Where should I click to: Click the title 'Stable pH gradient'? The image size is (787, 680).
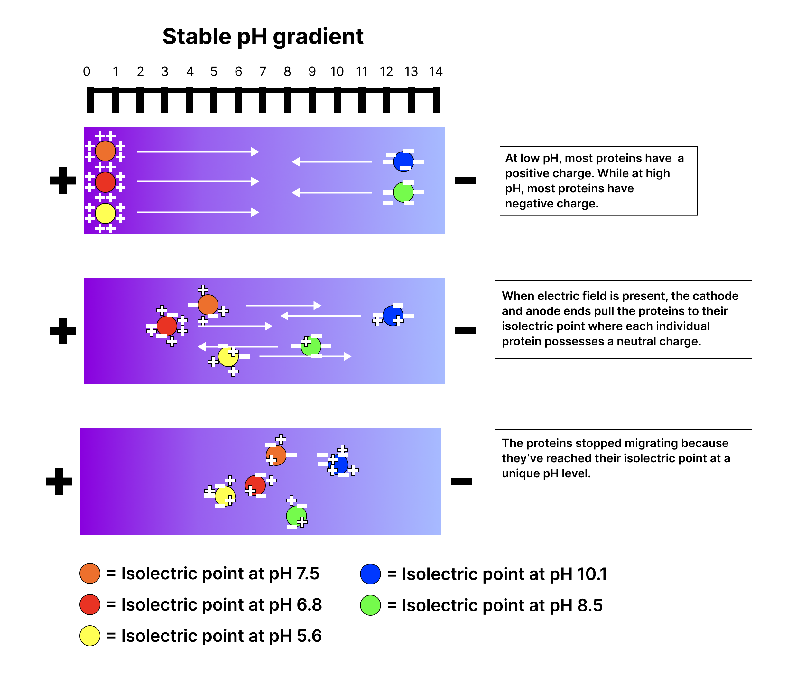pos(263,36)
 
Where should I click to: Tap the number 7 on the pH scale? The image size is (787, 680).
pos(263,71)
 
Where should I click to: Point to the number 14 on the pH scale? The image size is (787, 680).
pos(436,71)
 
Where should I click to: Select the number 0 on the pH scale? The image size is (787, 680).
pos(87,71)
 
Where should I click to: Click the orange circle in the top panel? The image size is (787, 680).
pos(105,151)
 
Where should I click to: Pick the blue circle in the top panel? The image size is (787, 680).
pos(403,161)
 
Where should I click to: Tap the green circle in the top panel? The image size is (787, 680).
pos(403,192)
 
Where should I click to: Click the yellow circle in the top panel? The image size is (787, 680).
pos(105,213)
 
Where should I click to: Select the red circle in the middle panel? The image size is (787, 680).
pos(167,326)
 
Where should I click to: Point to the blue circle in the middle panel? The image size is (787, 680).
pos(393,316)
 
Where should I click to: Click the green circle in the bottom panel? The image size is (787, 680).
pos(296,516)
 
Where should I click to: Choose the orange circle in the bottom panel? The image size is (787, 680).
pos(276,455)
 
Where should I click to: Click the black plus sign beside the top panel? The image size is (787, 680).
pos(63,180)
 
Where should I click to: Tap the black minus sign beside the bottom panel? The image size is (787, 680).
pos(461,482)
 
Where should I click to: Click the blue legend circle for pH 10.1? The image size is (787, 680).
pos(370,574)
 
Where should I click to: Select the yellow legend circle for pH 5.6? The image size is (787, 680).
pos(90,636)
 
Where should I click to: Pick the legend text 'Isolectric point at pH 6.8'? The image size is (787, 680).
pos(221,604)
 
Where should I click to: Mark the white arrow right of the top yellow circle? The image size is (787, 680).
pos(198,213)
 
